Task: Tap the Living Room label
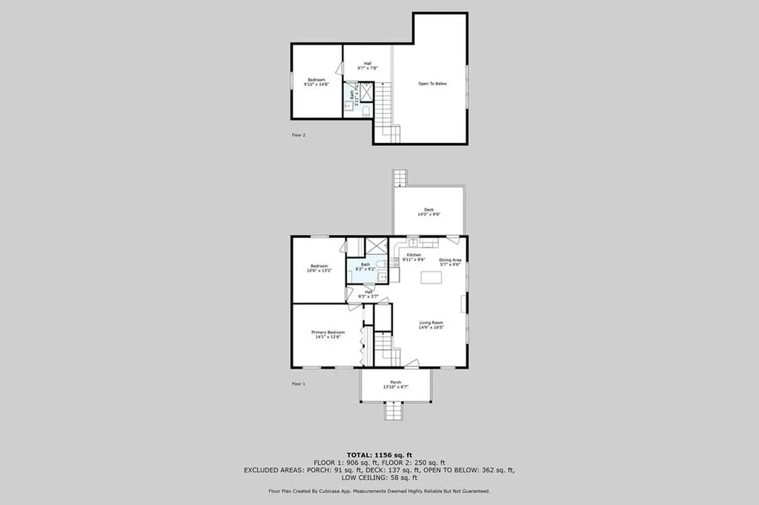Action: point(431,324)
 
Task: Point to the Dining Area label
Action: point(451,261)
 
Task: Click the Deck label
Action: point(429,212)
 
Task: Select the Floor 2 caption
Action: point(298,135)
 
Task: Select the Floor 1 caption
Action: point(298,383)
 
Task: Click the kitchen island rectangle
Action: point(431,277)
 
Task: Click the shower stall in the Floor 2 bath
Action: point(366,92)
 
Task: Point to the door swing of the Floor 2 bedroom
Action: point(339,68)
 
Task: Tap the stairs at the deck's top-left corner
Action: point(400,178)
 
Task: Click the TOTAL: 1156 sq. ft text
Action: point(379,454)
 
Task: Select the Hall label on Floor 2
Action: point(367,65)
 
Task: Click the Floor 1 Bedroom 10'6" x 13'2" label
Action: point(319,268)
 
